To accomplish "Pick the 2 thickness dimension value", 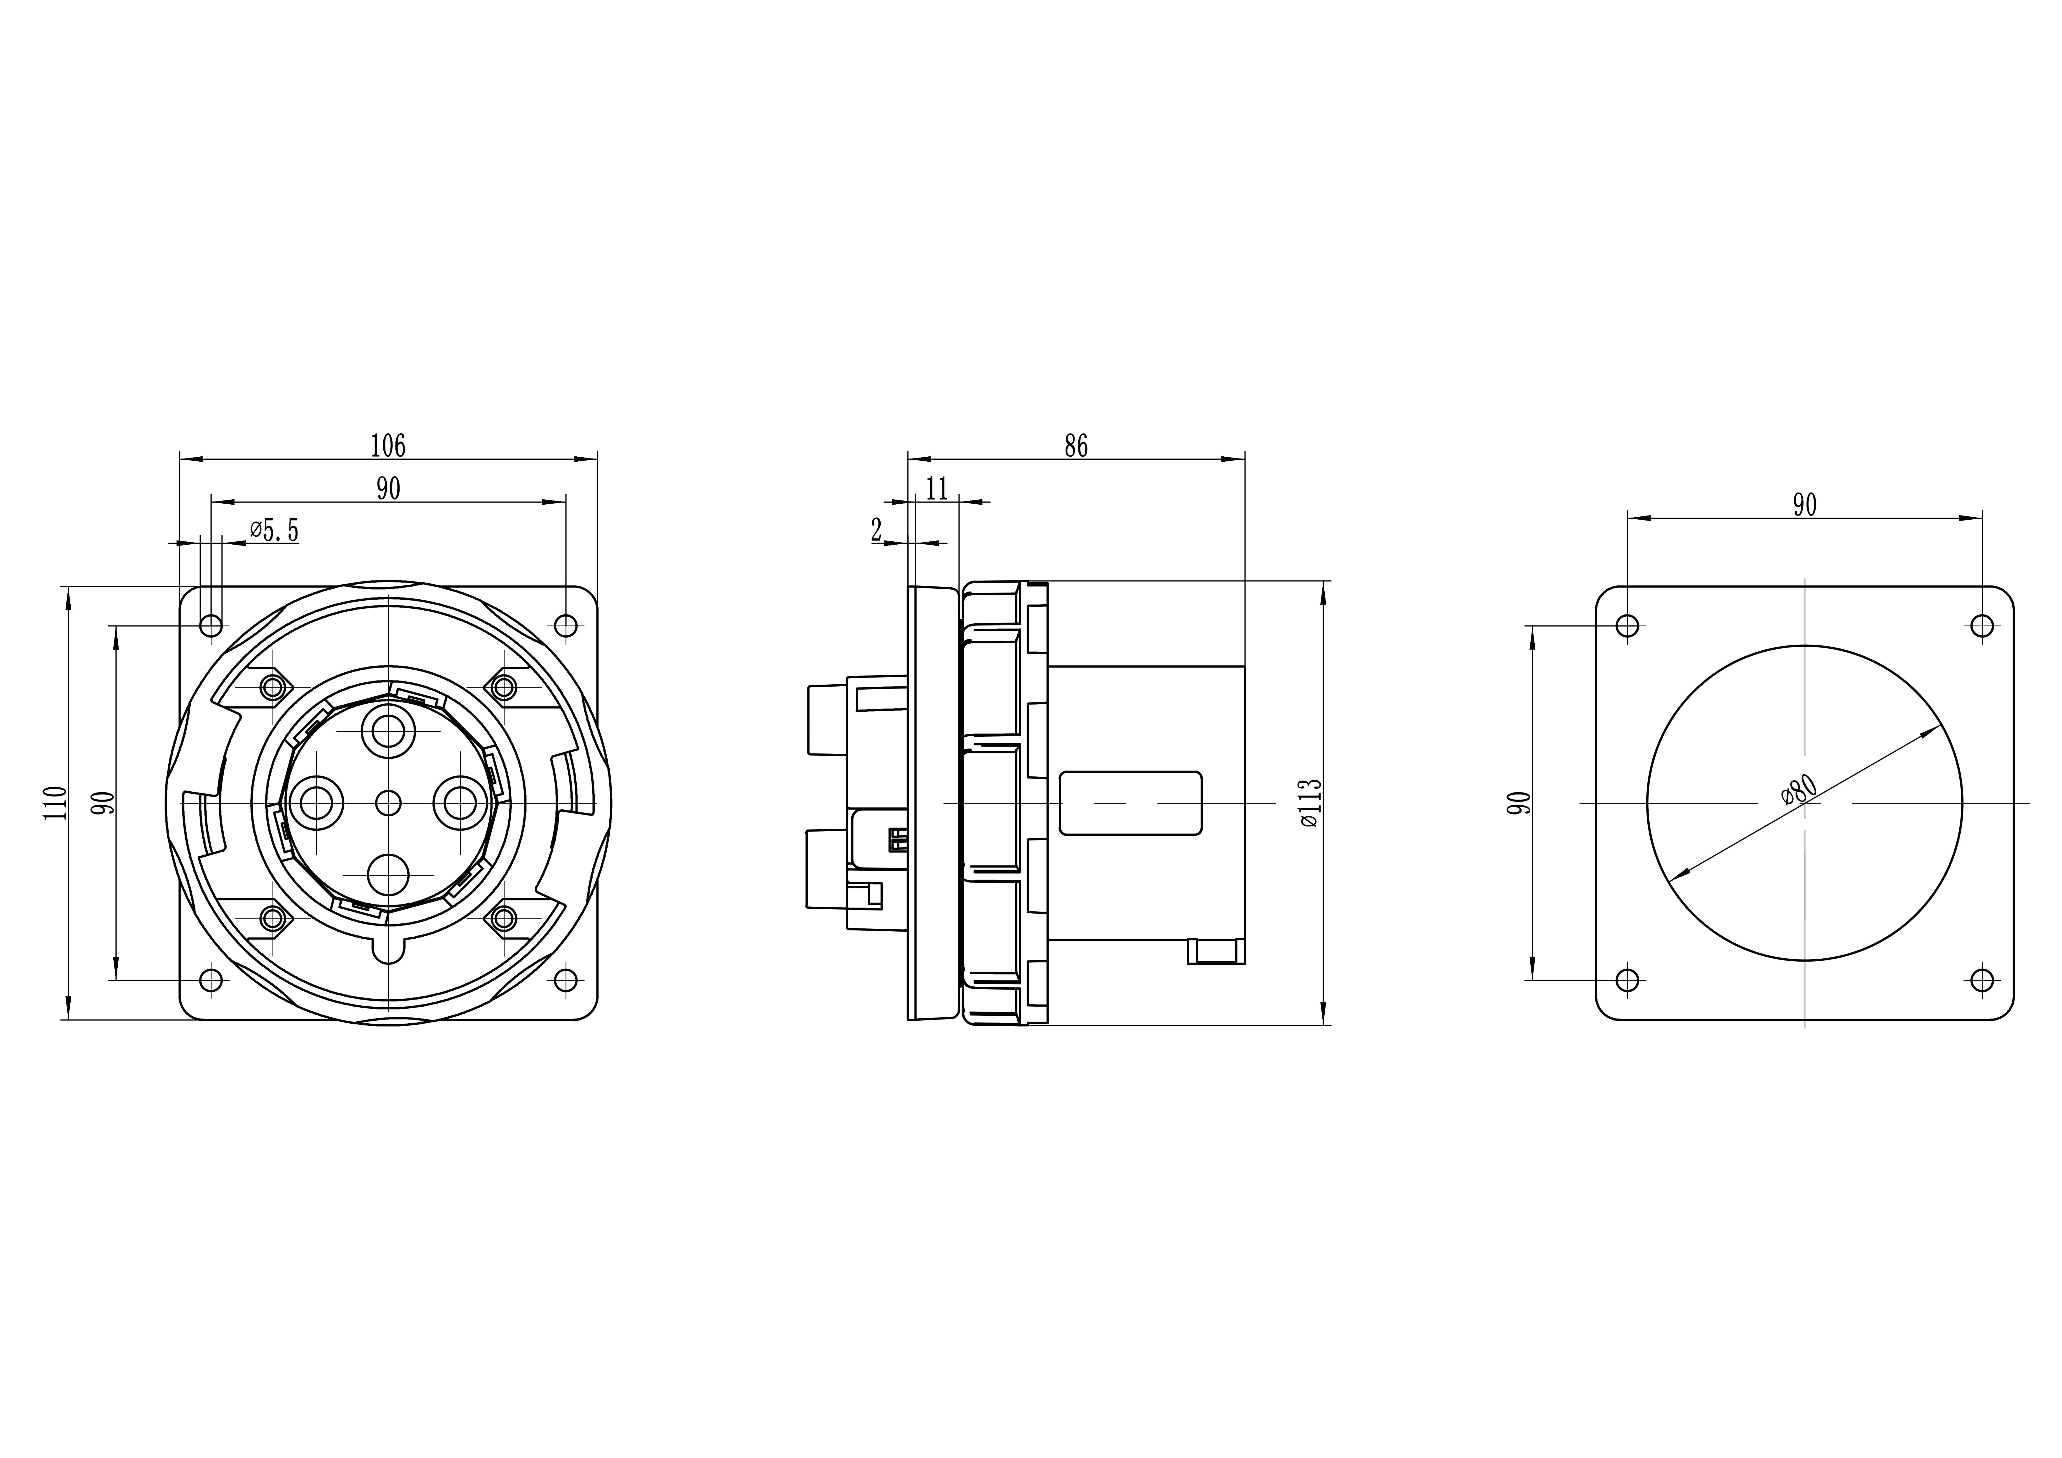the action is coord(877,531).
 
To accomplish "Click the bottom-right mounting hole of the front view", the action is coord(566,980).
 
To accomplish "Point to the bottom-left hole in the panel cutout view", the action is coord(1627,980).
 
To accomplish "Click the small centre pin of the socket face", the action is coord(388,803).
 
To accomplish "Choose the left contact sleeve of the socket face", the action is coord(316,803).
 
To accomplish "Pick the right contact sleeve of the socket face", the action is coord(460,803).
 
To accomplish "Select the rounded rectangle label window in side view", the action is coord(1131,803).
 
